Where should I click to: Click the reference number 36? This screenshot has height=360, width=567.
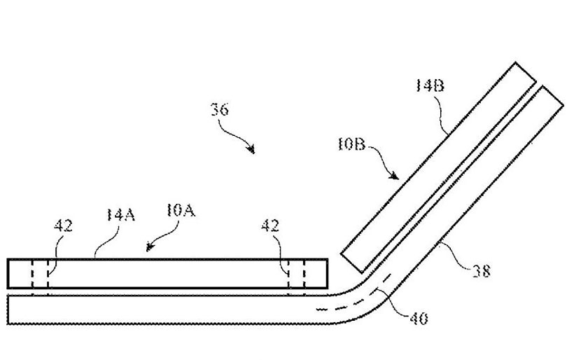pyautogui.click(x=220, y=109)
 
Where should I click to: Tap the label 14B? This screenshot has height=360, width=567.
pyautogui.click(x=429, y=85)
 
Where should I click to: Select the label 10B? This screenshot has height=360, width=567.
pyautogui.click(x=351, y=145)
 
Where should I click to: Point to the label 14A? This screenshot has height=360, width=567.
pyautogui.click(x=121, y=214)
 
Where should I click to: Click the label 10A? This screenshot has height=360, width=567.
pyautogui.click(x=181, y=211)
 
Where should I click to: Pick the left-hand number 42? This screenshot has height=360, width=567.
pyautogui.click(x=63, y=226)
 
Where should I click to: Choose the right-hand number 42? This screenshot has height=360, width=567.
pyautogui.click(x=270, y=226)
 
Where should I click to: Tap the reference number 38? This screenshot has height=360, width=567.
pyautogui.click(x=482, y=270)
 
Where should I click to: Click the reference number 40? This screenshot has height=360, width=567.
pyautogui.click(x=419, y=319)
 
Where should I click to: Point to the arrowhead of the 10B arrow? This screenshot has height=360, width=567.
pyautogui.click(x=395, y=176)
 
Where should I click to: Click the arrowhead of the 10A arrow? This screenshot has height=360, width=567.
pyautogui.click(x=148, y=247)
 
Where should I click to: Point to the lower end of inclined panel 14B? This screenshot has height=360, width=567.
pyautogui.click(x=352, y=263)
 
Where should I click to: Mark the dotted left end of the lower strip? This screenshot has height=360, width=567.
pyautogui.click(x=8, y=310)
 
